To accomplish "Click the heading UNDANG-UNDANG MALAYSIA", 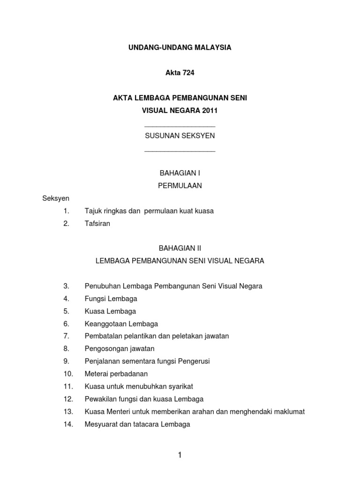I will tap(180, 48).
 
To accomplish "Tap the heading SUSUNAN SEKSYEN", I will tap(180, 136).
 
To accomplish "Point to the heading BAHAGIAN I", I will tap(180, 173).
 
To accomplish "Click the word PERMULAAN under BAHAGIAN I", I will tap(180, 186).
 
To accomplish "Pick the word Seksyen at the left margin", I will tap(56, 198).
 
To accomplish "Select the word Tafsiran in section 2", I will tap(97, 224).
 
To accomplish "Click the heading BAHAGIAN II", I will tap(180, 248).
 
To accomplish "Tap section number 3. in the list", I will tap(66, 286).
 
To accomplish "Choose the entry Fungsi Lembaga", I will tap(111, 299).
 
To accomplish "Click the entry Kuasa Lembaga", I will tap(110, 311).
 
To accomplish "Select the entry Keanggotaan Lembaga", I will tap(121, 324).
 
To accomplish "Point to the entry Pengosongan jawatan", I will tap(120, 349).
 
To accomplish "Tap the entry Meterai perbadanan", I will tap(116, 374).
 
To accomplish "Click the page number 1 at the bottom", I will tap(180, 455).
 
